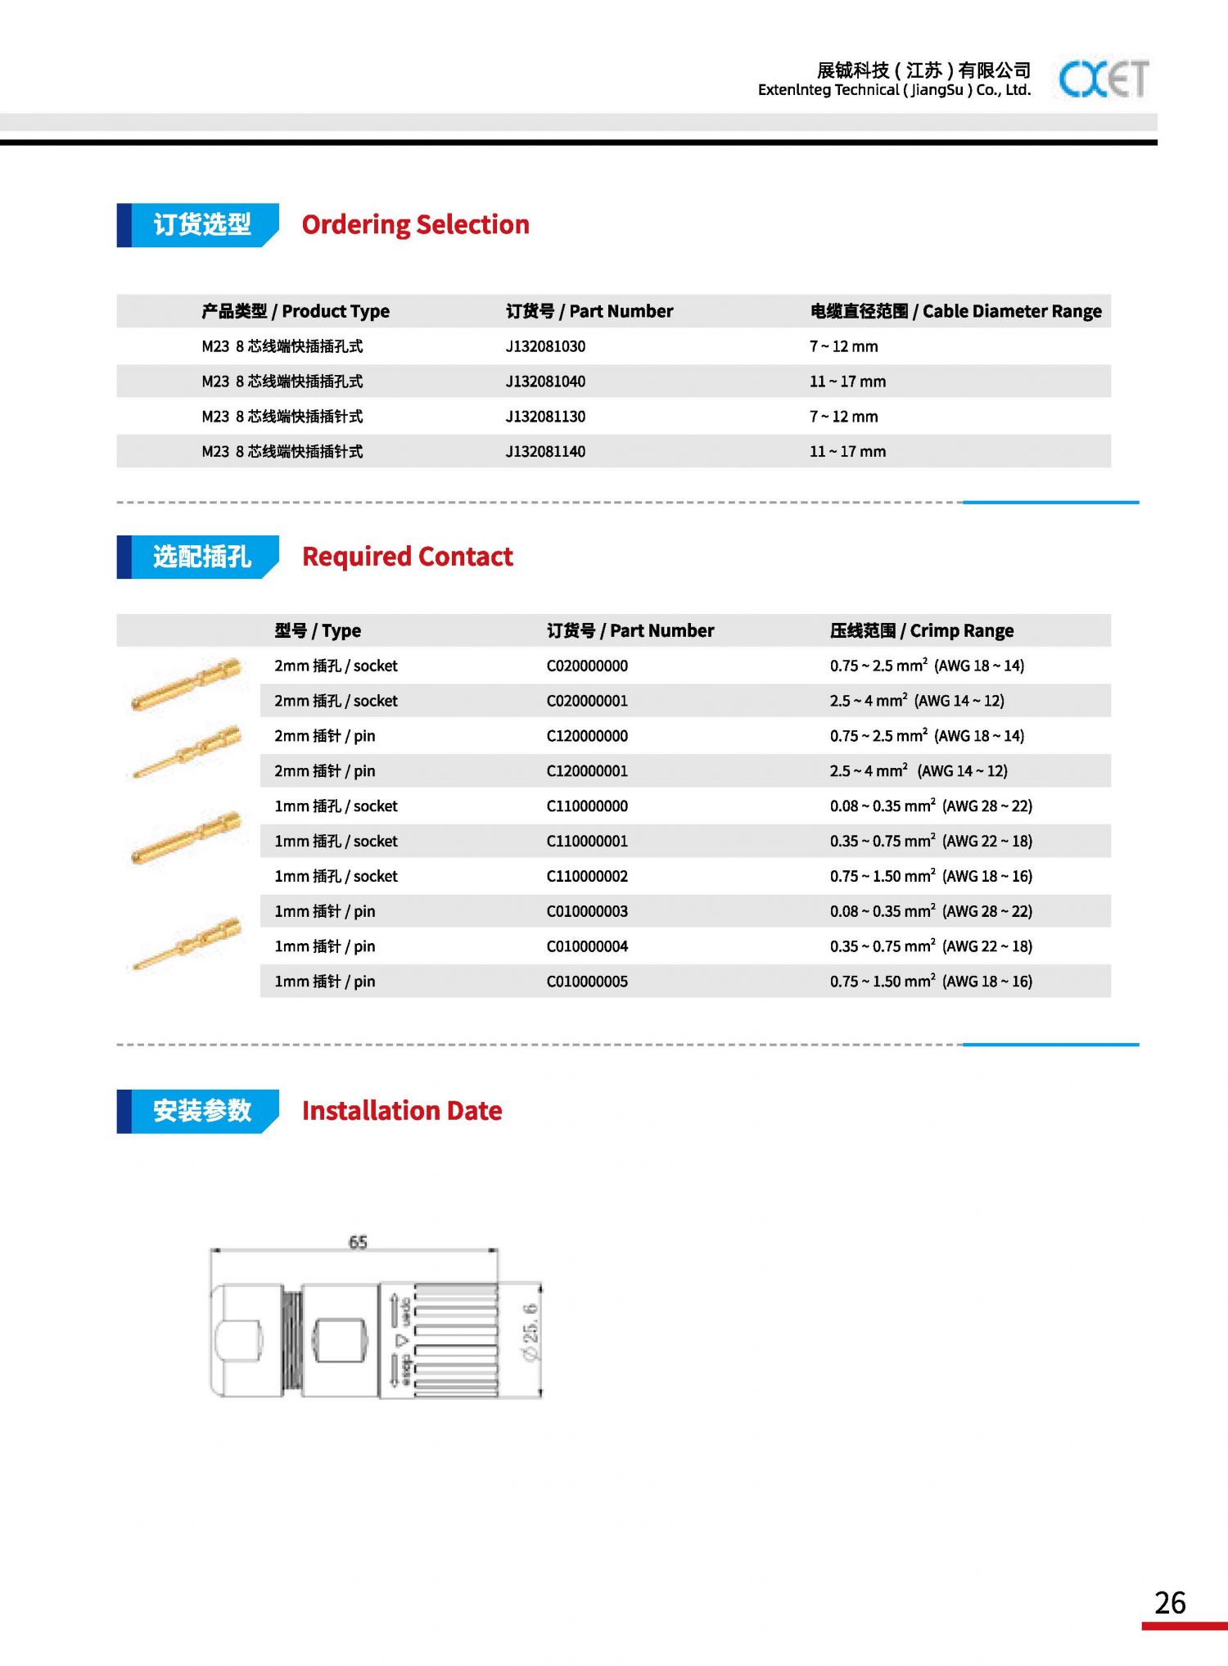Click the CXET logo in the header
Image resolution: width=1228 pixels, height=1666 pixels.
click(1103, 79)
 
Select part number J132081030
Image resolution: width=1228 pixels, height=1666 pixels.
click(545, 346)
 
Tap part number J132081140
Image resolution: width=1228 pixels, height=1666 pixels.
click(545, 452)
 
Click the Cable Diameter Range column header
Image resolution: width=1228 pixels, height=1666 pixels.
click(955, 311)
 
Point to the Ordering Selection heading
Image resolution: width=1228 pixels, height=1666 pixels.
click(415, 224)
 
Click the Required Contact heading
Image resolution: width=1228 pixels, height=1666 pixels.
click(407, 557)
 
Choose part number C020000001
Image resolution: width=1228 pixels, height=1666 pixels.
click(587, 701)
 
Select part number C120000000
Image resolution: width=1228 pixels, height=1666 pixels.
click(587, 736)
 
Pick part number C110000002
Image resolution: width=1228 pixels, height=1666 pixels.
click(587, 876)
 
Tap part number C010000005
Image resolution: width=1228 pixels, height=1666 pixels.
click(587, 982)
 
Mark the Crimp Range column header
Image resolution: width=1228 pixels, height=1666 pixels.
click(921, 630)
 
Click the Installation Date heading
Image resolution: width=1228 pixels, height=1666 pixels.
click(401, 1111)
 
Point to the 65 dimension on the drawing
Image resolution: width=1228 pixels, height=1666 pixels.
click(358, 1242)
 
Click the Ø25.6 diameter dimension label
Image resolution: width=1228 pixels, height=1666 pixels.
click(530, 1332)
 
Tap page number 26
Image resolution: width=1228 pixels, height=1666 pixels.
click(1170, 1602)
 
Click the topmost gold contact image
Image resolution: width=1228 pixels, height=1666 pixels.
click(187, 684)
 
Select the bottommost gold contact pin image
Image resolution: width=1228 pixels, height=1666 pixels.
click(187, 945)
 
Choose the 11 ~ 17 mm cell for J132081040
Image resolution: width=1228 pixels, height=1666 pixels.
click(847, 382)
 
